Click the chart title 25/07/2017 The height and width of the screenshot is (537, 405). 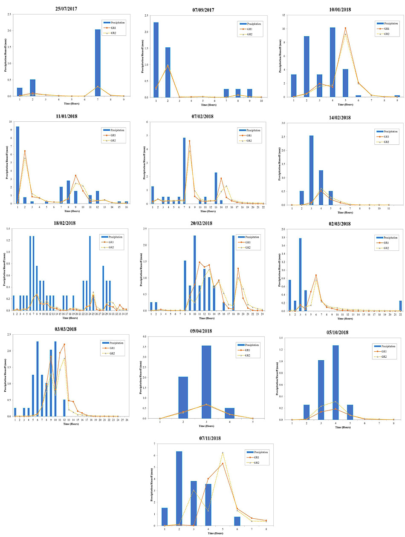[x=69, y=9]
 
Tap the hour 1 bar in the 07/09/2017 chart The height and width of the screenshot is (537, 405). [x=156, y=60]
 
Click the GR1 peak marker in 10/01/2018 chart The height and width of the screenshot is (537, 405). [x=345, y=28]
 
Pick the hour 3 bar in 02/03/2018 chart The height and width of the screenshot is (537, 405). [x=301, y=274]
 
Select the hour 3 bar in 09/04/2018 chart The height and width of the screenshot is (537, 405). [x=206, y=382]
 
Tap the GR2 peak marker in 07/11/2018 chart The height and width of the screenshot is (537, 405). [x=223, y=453]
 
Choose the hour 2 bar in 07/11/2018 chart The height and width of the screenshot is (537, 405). [x=179, y=488]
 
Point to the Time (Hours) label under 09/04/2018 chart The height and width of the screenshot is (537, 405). [x=206, y=425]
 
